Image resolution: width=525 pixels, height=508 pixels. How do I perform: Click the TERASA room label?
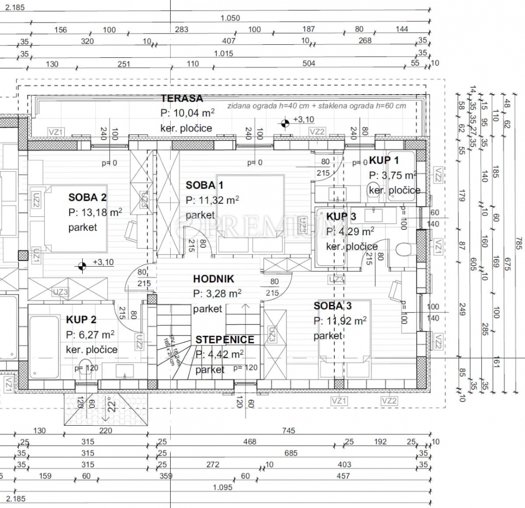(182, 99)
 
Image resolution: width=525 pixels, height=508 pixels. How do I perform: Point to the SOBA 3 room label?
(333, 306)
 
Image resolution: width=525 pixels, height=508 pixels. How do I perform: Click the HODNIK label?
(213, 279)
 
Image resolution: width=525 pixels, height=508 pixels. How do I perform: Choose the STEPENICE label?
(225, 340)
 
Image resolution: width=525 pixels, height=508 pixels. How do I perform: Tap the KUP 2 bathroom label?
(81, 320)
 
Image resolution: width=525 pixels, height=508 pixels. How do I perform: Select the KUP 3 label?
(341, 216)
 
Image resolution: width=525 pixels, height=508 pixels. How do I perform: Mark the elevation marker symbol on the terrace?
(285, 124)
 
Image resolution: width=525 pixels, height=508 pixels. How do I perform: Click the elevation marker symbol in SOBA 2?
(82, 266)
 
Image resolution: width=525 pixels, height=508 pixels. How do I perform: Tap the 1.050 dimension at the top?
(230, 18)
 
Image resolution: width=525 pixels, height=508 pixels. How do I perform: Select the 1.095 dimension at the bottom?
(223, 488)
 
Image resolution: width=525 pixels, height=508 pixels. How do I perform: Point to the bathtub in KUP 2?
(44, 346)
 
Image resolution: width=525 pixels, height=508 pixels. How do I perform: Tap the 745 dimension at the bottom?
(289, 430)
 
